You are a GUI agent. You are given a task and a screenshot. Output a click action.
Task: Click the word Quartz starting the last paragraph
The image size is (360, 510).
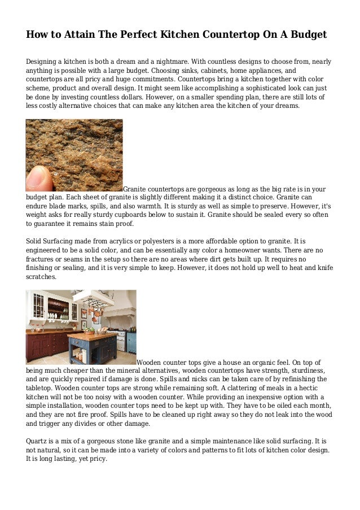point(37,441)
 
